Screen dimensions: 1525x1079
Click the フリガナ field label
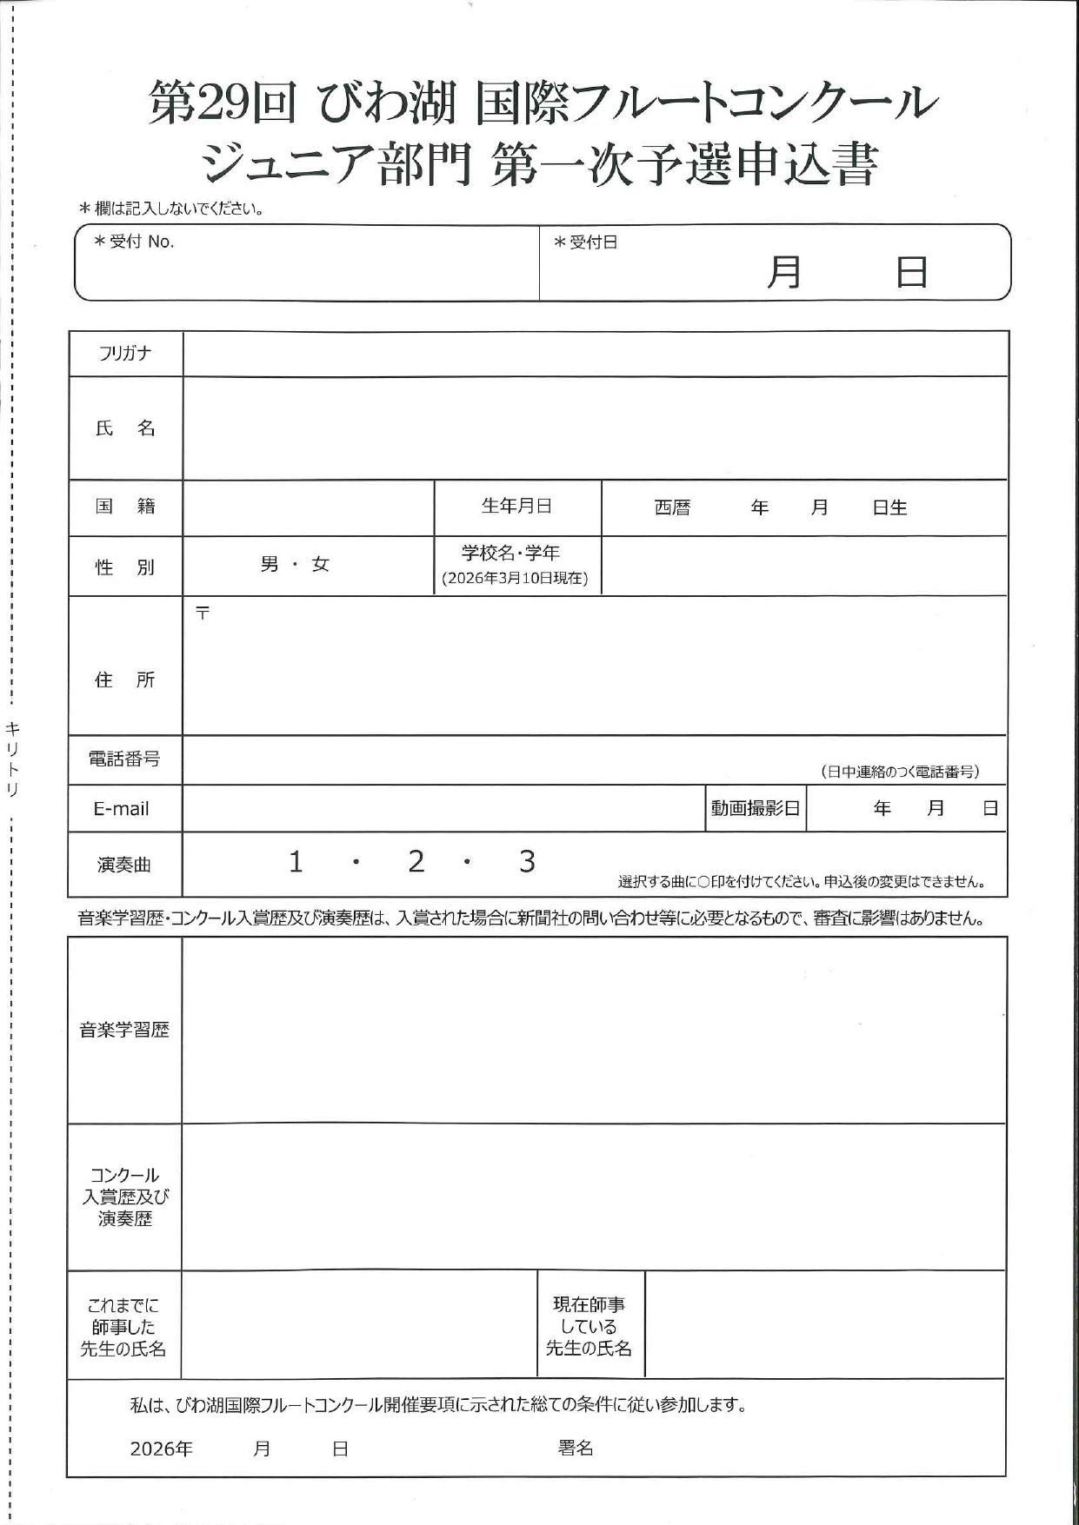coord(125,353)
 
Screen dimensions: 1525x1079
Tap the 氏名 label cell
coord(125,428)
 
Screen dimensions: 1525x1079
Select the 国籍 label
coord(125,506)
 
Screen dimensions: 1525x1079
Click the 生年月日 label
coord(516,506)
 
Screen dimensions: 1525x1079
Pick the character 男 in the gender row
coord(270,565)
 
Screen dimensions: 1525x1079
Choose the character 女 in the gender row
coord(321,565)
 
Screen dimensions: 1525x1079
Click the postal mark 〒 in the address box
coord(203,613)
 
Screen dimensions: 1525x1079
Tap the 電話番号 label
coord(124,759)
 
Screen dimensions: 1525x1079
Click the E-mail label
coord(122,809)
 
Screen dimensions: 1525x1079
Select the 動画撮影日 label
coord(755,808)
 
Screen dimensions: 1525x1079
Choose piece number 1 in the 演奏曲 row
coord(296,862)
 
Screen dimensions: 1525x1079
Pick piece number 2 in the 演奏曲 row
coord(416,862)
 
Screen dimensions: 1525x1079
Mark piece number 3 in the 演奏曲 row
coord(527,862)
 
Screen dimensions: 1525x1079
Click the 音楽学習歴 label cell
coord(124,1030)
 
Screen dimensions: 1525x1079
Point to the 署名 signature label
coord(576,1448)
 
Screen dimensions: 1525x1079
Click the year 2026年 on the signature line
coord(162,1449)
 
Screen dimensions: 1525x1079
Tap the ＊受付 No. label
coord(135,242)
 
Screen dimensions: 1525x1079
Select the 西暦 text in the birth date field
coord(672,507)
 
